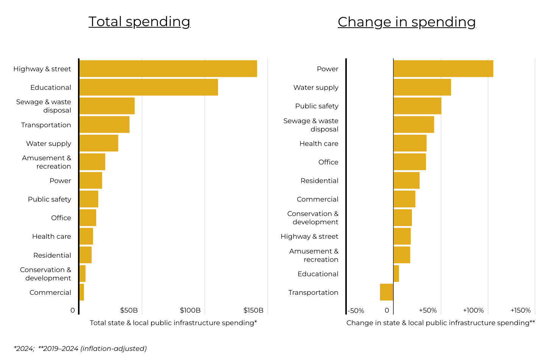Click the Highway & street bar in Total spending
click(168, 69)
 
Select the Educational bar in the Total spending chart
click(148, 87)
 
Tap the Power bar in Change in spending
click(443, 69)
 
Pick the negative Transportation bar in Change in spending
click(387, 292)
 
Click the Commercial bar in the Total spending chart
click(82, 292)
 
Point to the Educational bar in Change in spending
click(396, 274)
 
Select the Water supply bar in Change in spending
click(422, 87)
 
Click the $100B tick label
click(190, 310)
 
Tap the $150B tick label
click(253, 310)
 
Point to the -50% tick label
click(356, 311)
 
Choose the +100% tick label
click(473, 310)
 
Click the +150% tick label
click(521, 310)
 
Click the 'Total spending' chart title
click(139, 22)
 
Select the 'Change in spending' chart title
click(407, 22)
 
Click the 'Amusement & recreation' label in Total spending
click(46, 162)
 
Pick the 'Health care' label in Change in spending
click(319, 143)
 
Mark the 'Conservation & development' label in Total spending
click(45, 274)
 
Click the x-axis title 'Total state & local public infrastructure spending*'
click(173, 323)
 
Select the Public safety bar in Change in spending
click(417, 106)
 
